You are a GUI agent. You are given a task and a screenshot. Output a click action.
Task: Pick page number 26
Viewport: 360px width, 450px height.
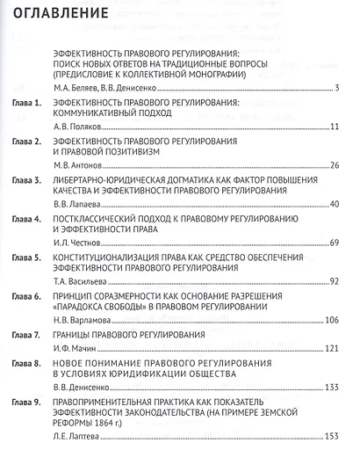(x=334, y=164)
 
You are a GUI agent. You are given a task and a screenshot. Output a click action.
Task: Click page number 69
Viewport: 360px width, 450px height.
(x=334, y=242)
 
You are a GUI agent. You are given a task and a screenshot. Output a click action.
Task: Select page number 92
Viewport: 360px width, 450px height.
(x=334, y=281)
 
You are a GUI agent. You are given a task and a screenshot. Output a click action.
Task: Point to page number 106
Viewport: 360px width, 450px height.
(x=332, y=320)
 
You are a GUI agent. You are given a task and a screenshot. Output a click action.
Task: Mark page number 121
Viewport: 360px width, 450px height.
(x=332, y=349)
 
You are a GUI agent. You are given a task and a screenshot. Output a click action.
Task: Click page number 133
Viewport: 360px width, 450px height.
(x=332, y=387)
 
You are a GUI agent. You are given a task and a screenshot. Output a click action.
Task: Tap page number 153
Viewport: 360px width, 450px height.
(x=332, y=437)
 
